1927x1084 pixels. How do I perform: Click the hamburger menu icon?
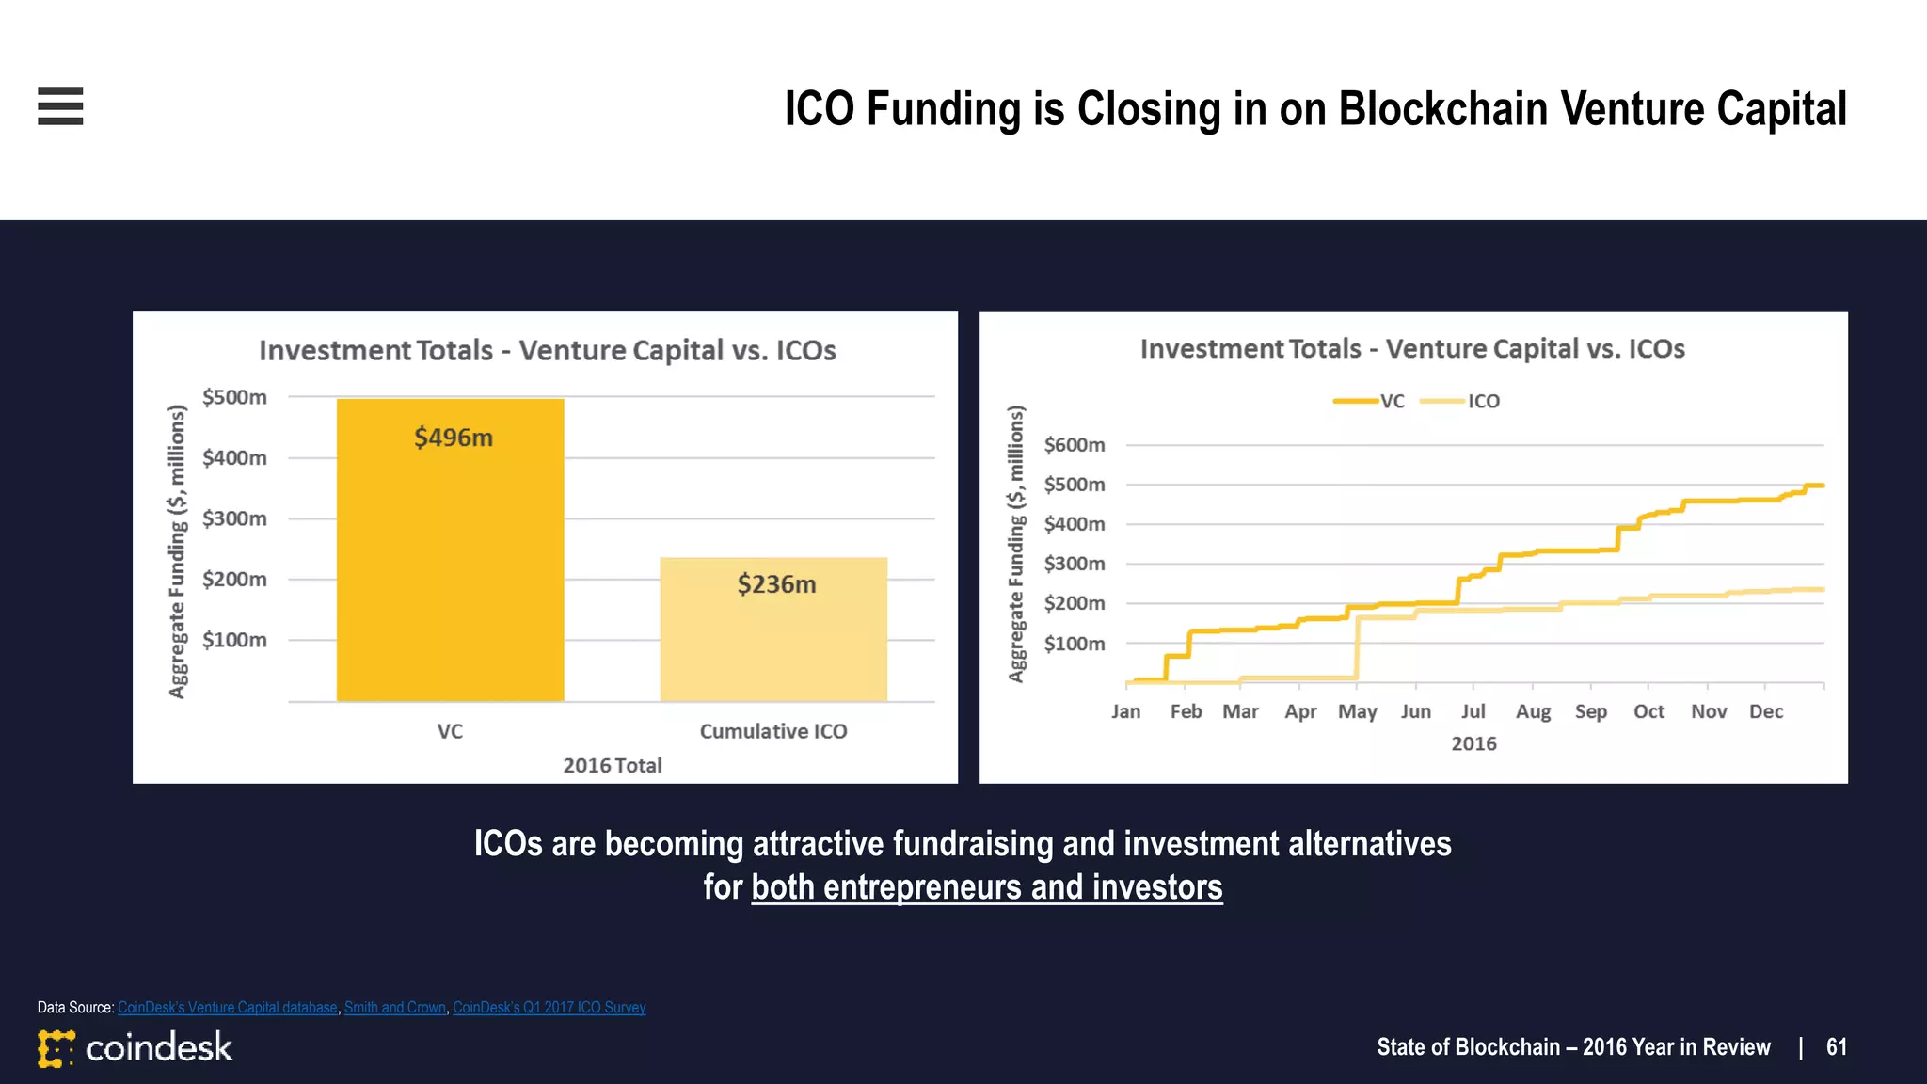point(60,105)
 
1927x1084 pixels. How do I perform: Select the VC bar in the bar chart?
point(450,565)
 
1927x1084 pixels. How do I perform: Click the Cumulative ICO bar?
point(773,649)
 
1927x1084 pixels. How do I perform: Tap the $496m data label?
point(454,438)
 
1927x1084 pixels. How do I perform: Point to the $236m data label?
point(776,584)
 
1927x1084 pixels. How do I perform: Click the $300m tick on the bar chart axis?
point(234,518)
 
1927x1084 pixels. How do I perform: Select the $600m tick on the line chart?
point(1074,444)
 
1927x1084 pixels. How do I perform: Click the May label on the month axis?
point(1357,711)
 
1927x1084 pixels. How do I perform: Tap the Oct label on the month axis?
point(1648,711)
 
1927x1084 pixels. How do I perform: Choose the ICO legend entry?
point(1483,401)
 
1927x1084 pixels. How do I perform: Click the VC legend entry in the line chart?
point(1392,401)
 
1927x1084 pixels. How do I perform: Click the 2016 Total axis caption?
point(613,765)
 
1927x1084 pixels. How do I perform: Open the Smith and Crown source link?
point(394,1007)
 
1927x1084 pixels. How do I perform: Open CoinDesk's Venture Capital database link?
point(227,1007)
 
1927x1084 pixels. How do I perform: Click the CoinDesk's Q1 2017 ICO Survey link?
point(549,1007)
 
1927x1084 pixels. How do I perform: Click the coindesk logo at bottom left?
point(135,1047)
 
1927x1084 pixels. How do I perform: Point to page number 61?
point(1836,1047)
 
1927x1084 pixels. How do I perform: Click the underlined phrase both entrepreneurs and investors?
point(987,887)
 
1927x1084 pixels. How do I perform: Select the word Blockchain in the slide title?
point(1442,108)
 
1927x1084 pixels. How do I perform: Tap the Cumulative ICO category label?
point(773,731)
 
